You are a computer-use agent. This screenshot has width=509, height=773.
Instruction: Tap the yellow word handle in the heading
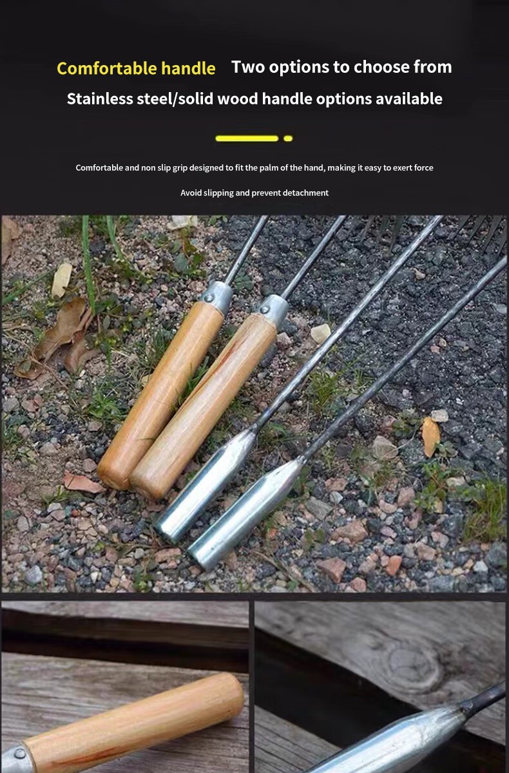point(188,68)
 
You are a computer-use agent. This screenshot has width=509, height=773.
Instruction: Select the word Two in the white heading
point(248,66)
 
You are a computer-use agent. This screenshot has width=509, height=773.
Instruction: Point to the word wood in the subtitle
point(237,99)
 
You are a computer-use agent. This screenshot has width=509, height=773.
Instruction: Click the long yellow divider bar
point(247,138)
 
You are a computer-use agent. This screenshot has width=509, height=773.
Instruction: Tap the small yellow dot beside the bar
point(288,138)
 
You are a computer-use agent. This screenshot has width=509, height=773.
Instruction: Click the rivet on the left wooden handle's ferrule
point(208,298)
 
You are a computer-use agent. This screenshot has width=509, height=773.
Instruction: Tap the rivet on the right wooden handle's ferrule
point(264,310)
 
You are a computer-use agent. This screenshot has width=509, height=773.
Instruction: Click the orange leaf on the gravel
point(431,436)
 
